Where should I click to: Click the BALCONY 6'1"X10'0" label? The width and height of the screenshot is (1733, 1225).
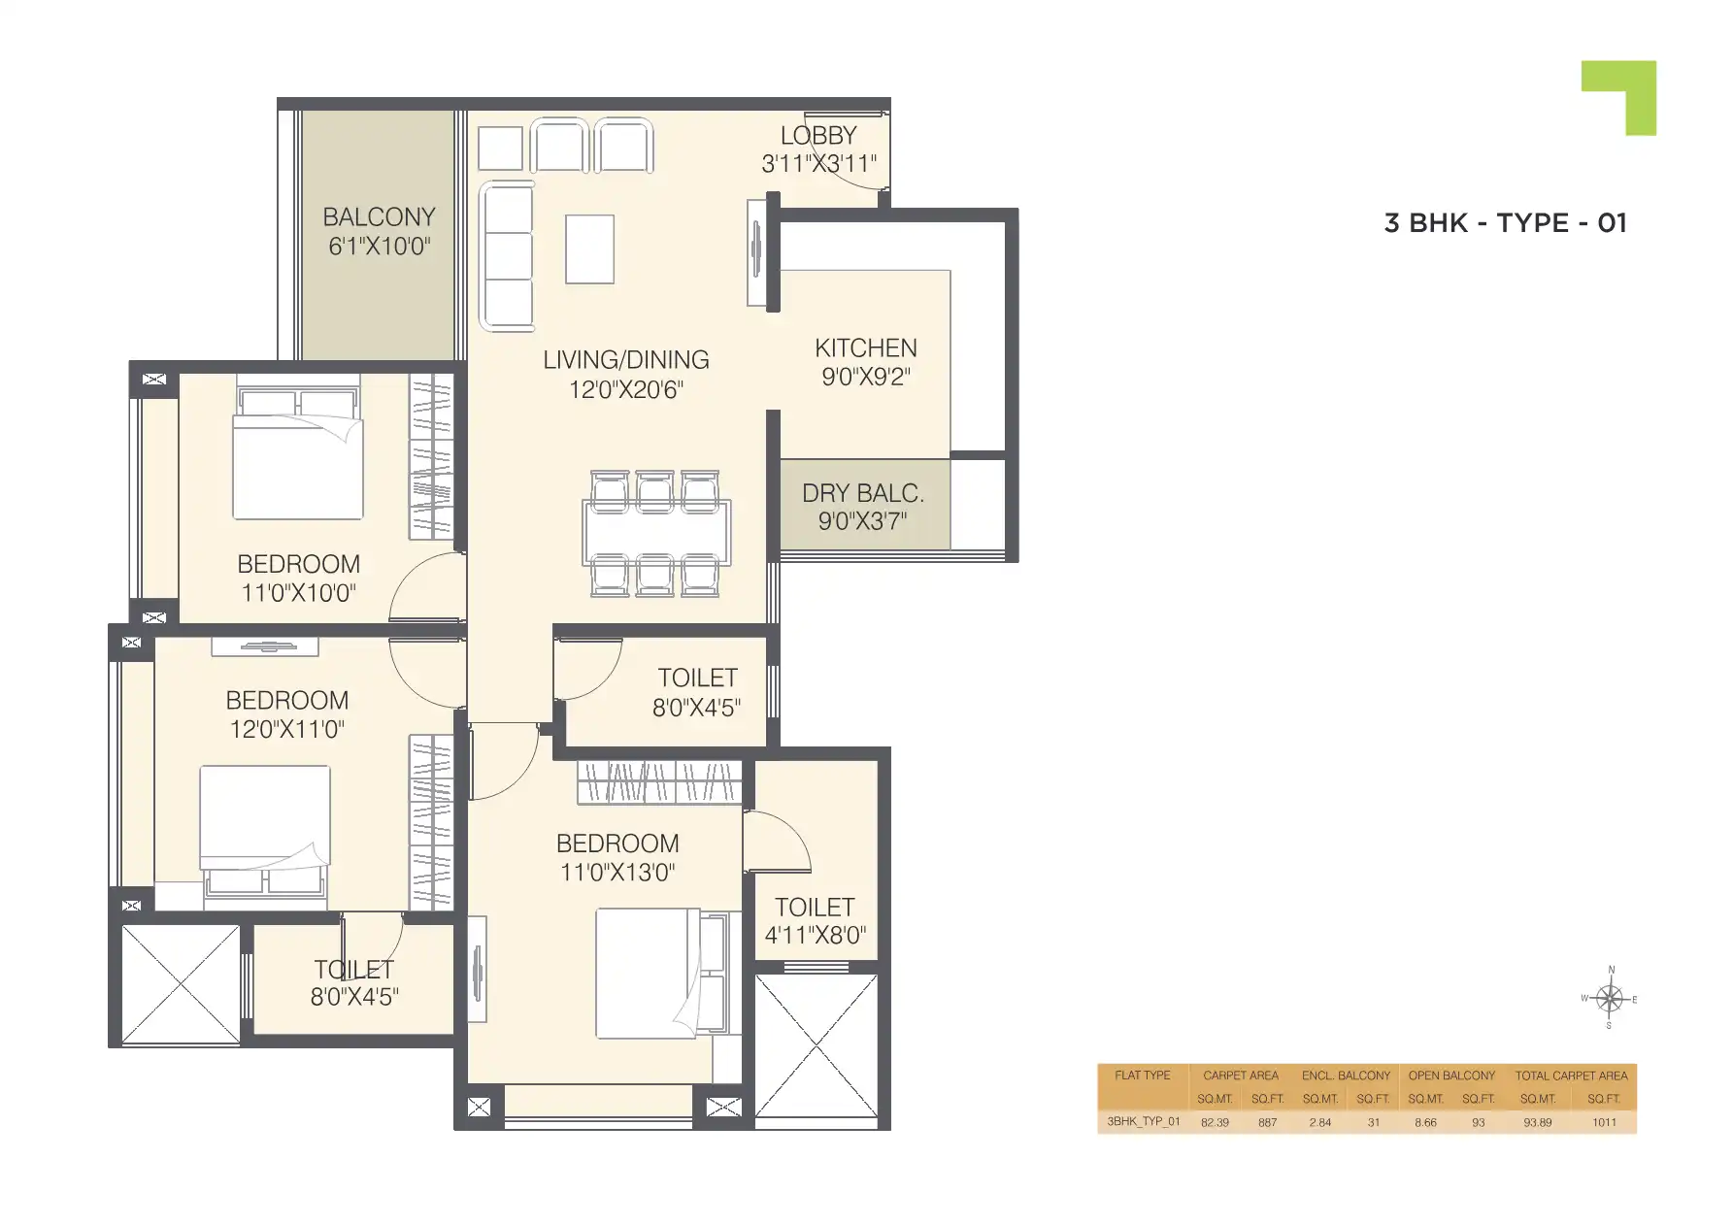378,231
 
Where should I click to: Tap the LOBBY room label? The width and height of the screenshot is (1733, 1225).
818,136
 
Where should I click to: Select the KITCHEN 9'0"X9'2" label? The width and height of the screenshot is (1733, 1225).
865,362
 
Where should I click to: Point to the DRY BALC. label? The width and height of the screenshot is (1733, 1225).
862,493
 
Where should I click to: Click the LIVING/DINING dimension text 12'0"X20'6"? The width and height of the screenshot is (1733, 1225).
626,389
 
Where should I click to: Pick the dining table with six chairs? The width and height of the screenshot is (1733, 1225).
656,533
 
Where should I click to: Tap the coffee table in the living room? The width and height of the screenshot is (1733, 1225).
589,248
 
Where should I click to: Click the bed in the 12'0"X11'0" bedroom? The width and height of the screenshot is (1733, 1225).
264,829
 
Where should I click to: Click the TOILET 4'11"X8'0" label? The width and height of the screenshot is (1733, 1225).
815,921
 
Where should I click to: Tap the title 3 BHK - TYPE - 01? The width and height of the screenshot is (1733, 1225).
1504,223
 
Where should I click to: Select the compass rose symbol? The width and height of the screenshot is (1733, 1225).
1609,998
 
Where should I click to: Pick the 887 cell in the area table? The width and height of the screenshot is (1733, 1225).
1267,1122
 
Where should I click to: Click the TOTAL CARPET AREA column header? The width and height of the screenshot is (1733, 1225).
1570,1076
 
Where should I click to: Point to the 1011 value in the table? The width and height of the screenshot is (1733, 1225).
1604,1122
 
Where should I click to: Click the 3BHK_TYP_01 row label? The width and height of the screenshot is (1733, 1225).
1143,1122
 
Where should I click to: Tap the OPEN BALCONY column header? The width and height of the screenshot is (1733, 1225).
1451,1076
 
